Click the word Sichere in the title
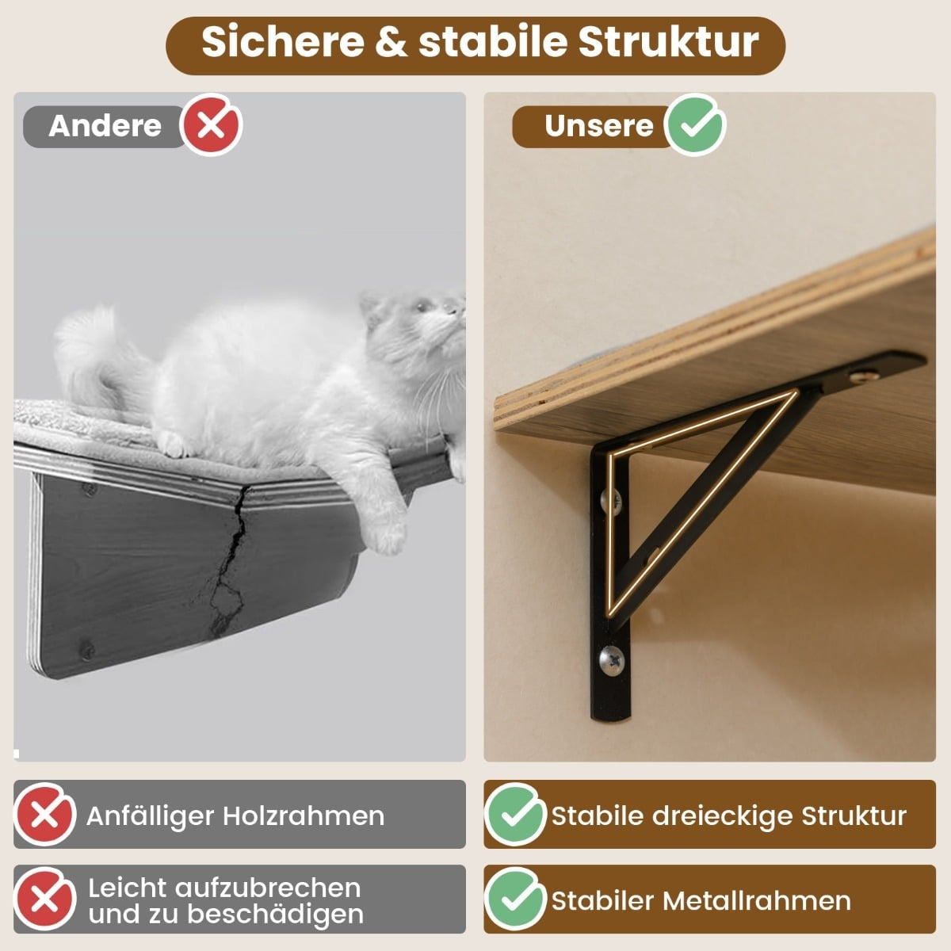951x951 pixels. click(283, 42)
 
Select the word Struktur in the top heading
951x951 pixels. click(668, 42)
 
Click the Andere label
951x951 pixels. click(105, 126)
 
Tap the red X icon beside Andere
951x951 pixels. click(211, 125)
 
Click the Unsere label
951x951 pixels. click(598, 126)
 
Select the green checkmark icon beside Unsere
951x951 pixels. click(694, 125)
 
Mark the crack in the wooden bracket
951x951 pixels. click(230, 560)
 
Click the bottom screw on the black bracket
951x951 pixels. click(612, 661)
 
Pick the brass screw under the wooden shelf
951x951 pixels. click(864, 377)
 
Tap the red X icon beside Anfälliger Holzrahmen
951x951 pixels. click(45, 815)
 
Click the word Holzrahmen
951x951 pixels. click(304, 816)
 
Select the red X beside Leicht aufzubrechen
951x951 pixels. click(45, 899)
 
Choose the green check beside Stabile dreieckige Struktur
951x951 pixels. click(515, 815)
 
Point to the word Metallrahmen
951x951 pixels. click(757, 901)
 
